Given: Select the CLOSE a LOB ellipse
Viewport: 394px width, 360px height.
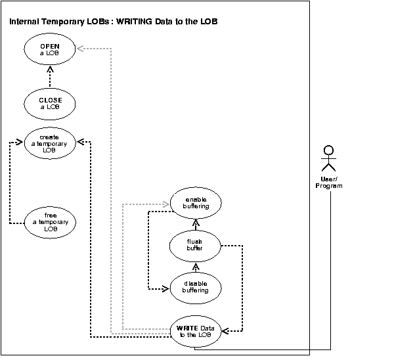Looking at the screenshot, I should click(50, 104).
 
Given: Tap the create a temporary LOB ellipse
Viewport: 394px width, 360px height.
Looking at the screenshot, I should click(50, 144).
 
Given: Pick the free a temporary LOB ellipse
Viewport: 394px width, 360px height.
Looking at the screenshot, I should click(50, 222).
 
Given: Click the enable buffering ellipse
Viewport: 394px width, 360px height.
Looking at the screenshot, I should click(196, 202).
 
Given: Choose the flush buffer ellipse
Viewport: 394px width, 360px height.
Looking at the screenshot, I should click(195, 246).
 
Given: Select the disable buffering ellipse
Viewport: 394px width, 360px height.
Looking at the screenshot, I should click(195, 286).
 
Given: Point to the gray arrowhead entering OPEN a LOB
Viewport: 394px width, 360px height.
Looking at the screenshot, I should click(79, 48).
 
